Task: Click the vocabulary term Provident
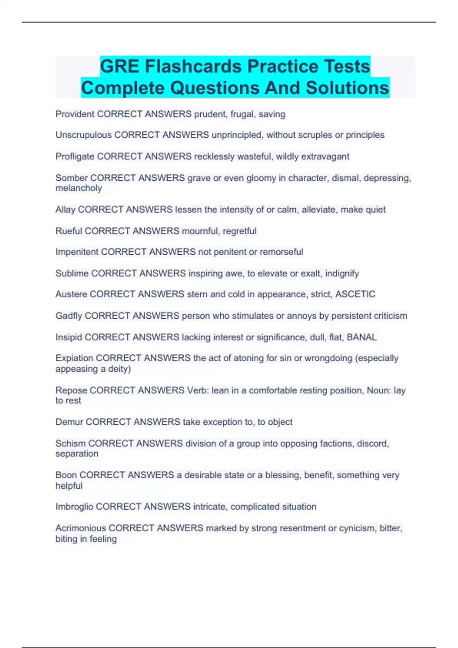[75, 114]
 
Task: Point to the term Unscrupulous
[84, 135]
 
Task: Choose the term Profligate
[75, 156]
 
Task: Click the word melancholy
[79, 188]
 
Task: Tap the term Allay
[65, 210]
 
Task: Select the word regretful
[239, 231]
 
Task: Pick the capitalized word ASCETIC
[355, 294]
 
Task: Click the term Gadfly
[69, 316]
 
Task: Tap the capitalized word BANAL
[361, 337]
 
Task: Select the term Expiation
[74, 358]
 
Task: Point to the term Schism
[71, 443]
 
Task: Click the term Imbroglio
[74, 507]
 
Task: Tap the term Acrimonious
[81, 528]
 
